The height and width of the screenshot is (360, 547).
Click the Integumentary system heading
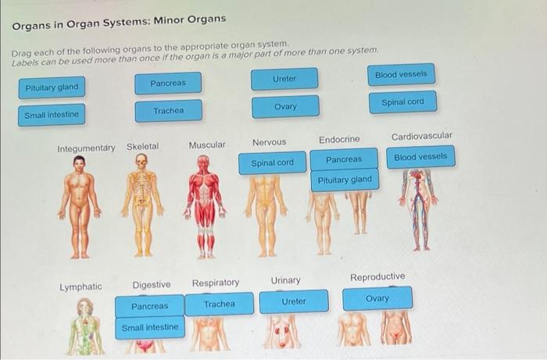86,148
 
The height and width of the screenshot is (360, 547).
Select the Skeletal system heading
142,146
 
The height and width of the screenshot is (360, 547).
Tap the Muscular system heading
206,144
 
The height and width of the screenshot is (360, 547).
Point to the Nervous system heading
269,142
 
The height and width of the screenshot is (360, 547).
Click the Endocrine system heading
339,139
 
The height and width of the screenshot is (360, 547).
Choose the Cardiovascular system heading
421,136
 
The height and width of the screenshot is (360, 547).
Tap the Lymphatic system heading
80,287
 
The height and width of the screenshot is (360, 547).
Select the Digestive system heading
151,284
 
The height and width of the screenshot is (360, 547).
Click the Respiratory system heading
216,282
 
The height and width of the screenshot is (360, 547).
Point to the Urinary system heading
285,280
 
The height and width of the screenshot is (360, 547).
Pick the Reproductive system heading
377,276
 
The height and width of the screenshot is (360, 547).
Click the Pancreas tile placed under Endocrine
344,159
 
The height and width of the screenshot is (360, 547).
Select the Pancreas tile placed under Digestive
149,306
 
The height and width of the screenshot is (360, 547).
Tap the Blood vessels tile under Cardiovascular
420,157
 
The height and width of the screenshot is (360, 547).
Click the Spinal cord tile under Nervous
272,162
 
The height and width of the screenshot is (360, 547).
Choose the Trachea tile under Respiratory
219,304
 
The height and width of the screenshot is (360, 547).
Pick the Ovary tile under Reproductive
377,299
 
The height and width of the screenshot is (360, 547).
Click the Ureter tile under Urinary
294,301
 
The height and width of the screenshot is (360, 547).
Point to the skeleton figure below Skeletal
141,206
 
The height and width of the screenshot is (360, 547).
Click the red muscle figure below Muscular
206,206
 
